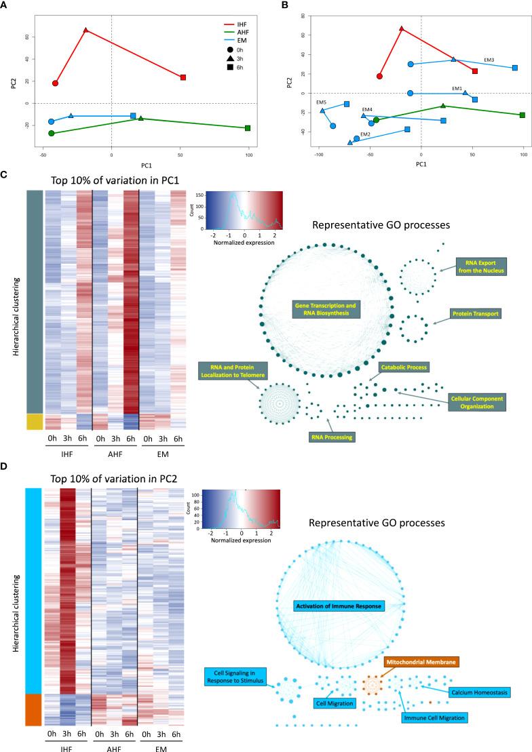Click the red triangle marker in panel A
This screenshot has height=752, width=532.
click(x=85, y=30)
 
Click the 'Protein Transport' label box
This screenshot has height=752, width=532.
click(x=474, y=314)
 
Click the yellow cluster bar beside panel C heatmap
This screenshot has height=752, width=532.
click(x=35, y=422)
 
